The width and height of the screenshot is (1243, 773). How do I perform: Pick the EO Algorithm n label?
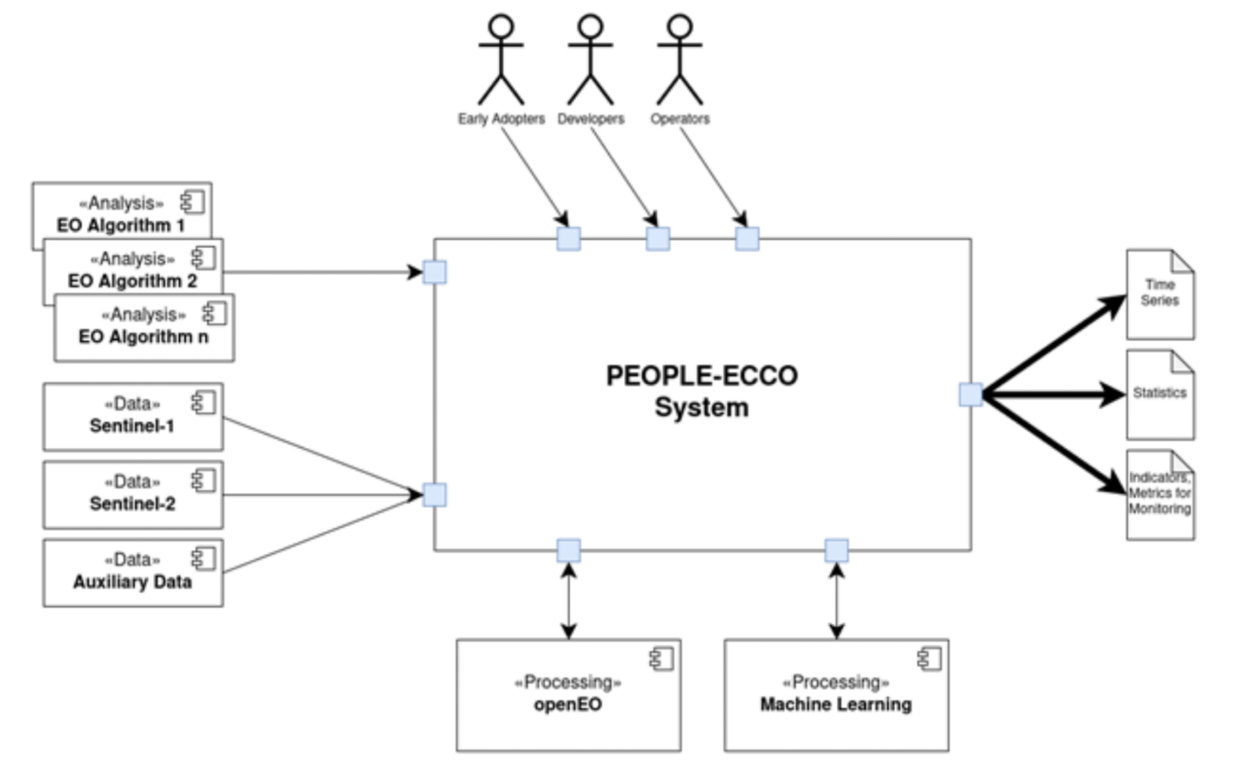click(143, 337)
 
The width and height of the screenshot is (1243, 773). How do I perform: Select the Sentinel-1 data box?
click(133, 416)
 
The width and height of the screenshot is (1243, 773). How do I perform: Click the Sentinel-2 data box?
click(133, 494)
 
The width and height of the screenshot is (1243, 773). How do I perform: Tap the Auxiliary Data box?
click(133, 572)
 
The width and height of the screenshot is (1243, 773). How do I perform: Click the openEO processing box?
click(568, 695)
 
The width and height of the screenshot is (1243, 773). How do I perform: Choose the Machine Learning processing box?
click(836, 695)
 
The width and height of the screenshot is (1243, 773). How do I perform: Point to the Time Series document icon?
click(1159, 294)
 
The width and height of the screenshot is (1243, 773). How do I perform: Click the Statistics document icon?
click(1159, 395)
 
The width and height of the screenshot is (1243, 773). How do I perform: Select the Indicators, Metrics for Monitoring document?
click(1159, 494)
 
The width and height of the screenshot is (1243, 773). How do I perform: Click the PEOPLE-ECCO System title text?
click(701, 391)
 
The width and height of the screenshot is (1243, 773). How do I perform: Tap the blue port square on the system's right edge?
click(970, 395)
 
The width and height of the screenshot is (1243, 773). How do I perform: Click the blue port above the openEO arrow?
click(568, 550)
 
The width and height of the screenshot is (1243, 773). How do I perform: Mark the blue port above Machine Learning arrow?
click(836, 550)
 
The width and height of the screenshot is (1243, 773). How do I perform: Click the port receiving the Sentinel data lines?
click(434, 495)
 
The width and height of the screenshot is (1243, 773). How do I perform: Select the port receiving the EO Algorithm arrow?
click(434, 272)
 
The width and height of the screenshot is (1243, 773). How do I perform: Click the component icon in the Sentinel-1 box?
click(204, 402)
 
